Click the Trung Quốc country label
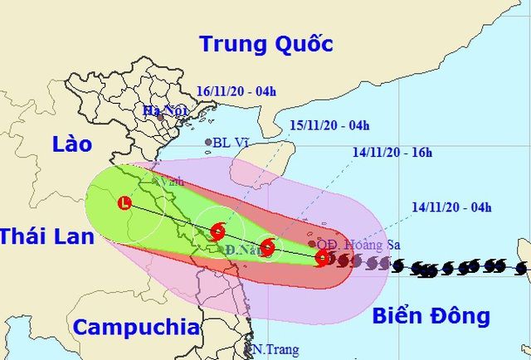265,44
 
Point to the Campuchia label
136,327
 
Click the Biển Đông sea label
431,315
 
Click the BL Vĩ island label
231,143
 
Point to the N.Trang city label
275,350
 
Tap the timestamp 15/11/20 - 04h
329,125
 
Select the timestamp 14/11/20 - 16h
392,152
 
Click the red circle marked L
124,202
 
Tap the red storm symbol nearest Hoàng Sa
321,259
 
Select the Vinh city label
173,179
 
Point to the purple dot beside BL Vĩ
208,143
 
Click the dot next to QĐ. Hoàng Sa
312,243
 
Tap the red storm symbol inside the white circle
217,231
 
